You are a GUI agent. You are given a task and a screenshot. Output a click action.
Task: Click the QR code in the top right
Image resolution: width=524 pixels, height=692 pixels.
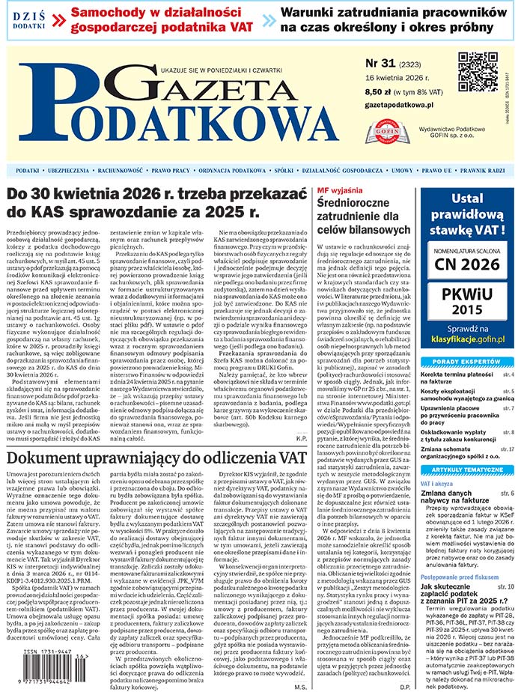pyautogui.click(x=478, y=72)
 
